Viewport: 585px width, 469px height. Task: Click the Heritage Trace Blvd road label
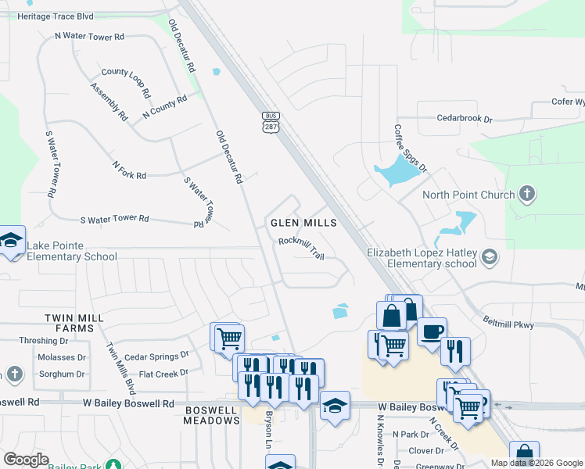pyautogui.click(x=55, y=16)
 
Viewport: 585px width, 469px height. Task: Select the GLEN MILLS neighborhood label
pyautogui.click(x=303, y=223)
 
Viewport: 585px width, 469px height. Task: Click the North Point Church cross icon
pyautogui.click(x=527, y=194)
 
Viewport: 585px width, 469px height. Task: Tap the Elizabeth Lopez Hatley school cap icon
pyautogui.click(x=489, y=256)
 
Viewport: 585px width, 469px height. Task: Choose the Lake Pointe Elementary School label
pyautogui.click(x=72, y=251)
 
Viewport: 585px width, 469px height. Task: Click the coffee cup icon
pyautogui.click(x=431, y=331)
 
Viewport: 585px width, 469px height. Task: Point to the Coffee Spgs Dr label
pyautogui.click(x=411, y=148)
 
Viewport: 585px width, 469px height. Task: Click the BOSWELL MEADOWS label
pyautogui.click(x=211, y=415)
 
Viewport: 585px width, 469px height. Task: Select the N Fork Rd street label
pyautogui.click(x=130, y=170)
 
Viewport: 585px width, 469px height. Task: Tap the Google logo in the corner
pyautogui.click(x=26, y=460)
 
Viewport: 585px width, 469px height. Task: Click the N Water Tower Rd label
pyautogui.click(x=89, y=37)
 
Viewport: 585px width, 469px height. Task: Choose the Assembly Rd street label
pyautogui.click(x=109, y=102)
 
